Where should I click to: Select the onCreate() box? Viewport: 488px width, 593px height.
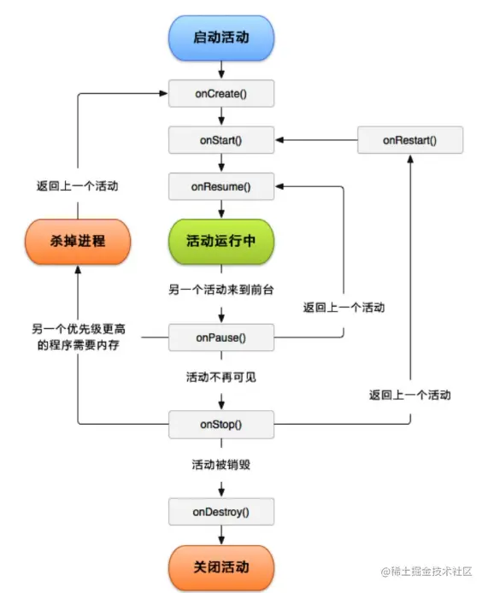[x=221, y=92]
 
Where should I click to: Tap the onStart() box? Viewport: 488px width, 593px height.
[x=221, y=139]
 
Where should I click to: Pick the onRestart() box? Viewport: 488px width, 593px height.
[x=410, y=139]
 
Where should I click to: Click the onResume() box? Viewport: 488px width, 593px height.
[x=221, y=185]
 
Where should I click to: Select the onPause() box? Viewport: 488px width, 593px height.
[x=221, y=338]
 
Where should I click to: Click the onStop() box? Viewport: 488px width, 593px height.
[x=221, y=424]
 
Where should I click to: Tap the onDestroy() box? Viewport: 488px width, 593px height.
[x=221, y=512]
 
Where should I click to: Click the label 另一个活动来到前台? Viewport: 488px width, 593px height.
[x=221, y=291]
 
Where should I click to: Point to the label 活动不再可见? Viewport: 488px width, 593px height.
[x=221, y=377]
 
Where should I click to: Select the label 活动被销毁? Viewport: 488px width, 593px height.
[x=221, y=466]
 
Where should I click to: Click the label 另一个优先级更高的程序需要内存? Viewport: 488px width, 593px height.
[x=78, y=337]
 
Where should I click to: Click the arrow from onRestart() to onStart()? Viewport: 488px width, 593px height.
[x=316, y=139]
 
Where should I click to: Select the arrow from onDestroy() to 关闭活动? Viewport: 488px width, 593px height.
[x=221, y=536]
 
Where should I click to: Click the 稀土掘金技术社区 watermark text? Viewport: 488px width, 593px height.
[x=432, y=572]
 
